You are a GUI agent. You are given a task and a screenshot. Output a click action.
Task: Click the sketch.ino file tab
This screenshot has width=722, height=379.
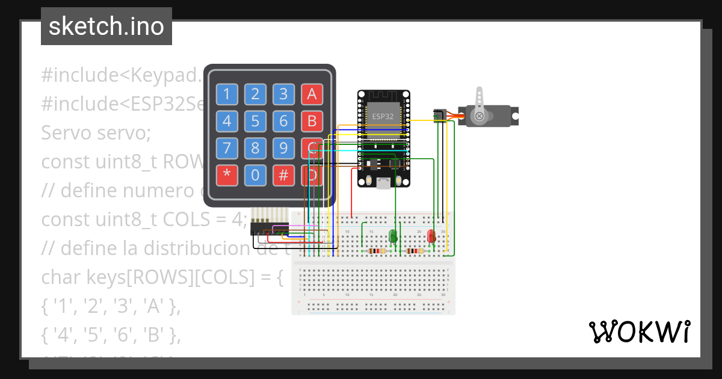[106, 26]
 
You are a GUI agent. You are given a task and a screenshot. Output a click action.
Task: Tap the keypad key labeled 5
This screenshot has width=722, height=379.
[255, 121]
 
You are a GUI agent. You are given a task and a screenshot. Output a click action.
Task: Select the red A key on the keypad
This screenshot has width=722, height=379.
[311, 94]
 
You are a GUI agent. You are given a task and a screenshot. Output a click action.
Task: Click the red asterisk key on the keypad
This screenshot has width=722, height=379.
[227, 175]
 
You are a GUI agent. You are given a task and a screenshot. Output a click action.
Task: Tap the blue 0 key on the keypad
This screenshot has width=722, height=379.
[255, 175]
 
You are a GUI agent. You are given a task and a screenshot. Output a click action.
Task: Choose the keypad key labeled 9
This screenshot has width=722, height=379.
[283, 148]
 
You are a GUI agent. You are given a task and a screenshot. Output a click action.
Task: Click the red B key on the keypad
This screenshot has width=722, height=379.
[311, 121]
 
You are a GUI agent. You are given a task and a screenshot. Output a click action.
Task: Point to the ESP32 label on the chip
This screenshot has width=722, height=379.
[383, 116]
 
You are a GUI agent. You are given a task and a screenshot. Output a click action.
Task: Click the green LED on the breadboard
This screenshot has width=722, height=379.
[393, 236]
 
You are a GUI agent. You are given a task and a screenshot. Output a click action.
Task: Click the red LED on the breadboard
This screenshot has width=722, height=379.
[431, 236]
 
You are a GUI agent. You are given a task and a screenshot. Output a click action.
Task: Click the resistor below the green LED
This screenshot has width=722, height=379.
[377, 251]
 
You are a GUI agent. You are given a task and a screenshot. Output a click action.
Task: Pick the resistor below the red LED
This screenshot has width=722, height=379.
[415, 251]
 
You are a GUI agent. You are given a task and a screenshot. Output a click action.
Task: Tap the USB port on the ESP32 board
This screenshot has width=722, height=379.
[383, 183]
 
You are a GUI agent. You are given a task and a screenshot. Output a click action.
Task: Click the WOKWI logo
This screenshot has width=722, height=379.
[639, 331]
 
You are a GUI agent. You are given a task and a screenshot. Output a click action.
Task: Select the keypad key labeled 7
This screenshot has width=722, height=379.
[227, 148]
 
